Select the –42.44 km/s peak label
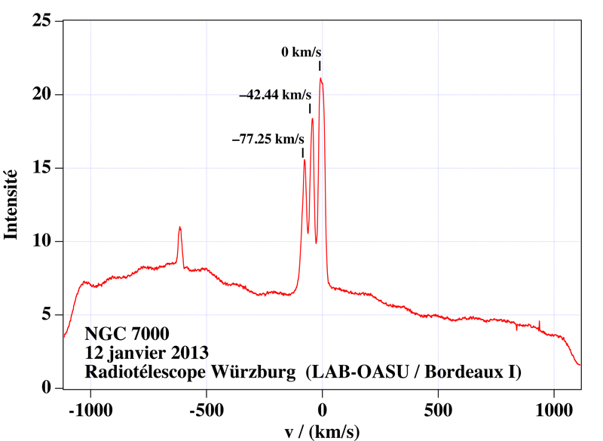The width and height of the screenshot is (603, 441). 275,95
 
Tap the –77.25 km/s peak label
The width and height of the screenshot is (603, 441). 268,139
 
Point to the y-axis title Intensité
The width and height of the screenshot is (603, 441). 11,204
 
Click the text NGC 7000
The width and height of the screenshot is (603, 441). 133,334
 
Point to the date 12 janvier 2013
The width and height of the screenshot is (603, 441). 146,353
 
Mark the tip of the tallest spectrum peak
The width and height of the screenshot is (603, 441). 320,78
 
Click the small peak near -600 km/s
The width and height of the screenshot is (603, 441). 179,227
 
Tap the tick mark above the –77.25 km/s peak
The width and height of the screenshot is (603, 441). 303,153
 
